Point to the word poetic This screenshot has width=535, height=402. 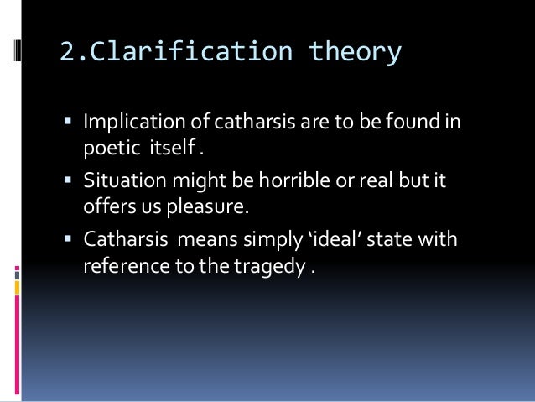point(106,149)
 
